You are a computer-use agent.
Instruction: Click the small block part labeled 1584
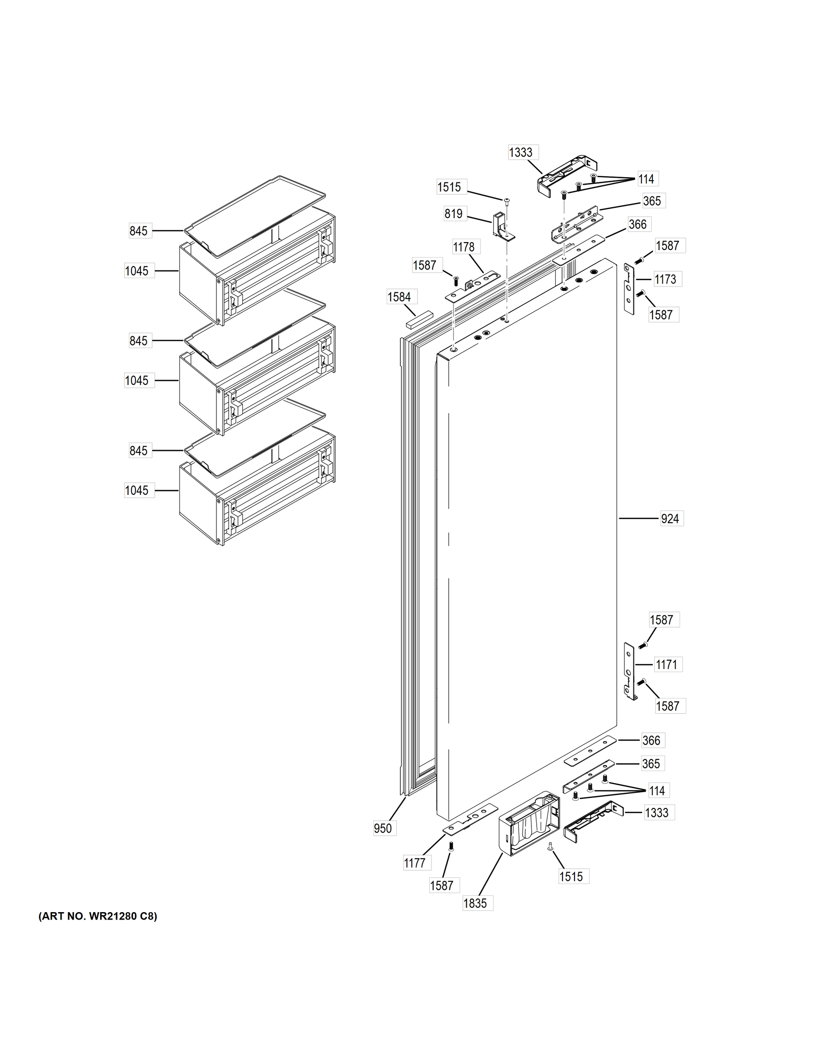pyautogui.click(x=419, y=321)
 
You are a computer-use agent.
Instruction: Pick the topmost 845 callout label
pyautogui.click(x=139, y=231)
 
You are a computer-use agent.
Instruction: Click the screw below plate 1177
pyautogui.click(x=451, y=846)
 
